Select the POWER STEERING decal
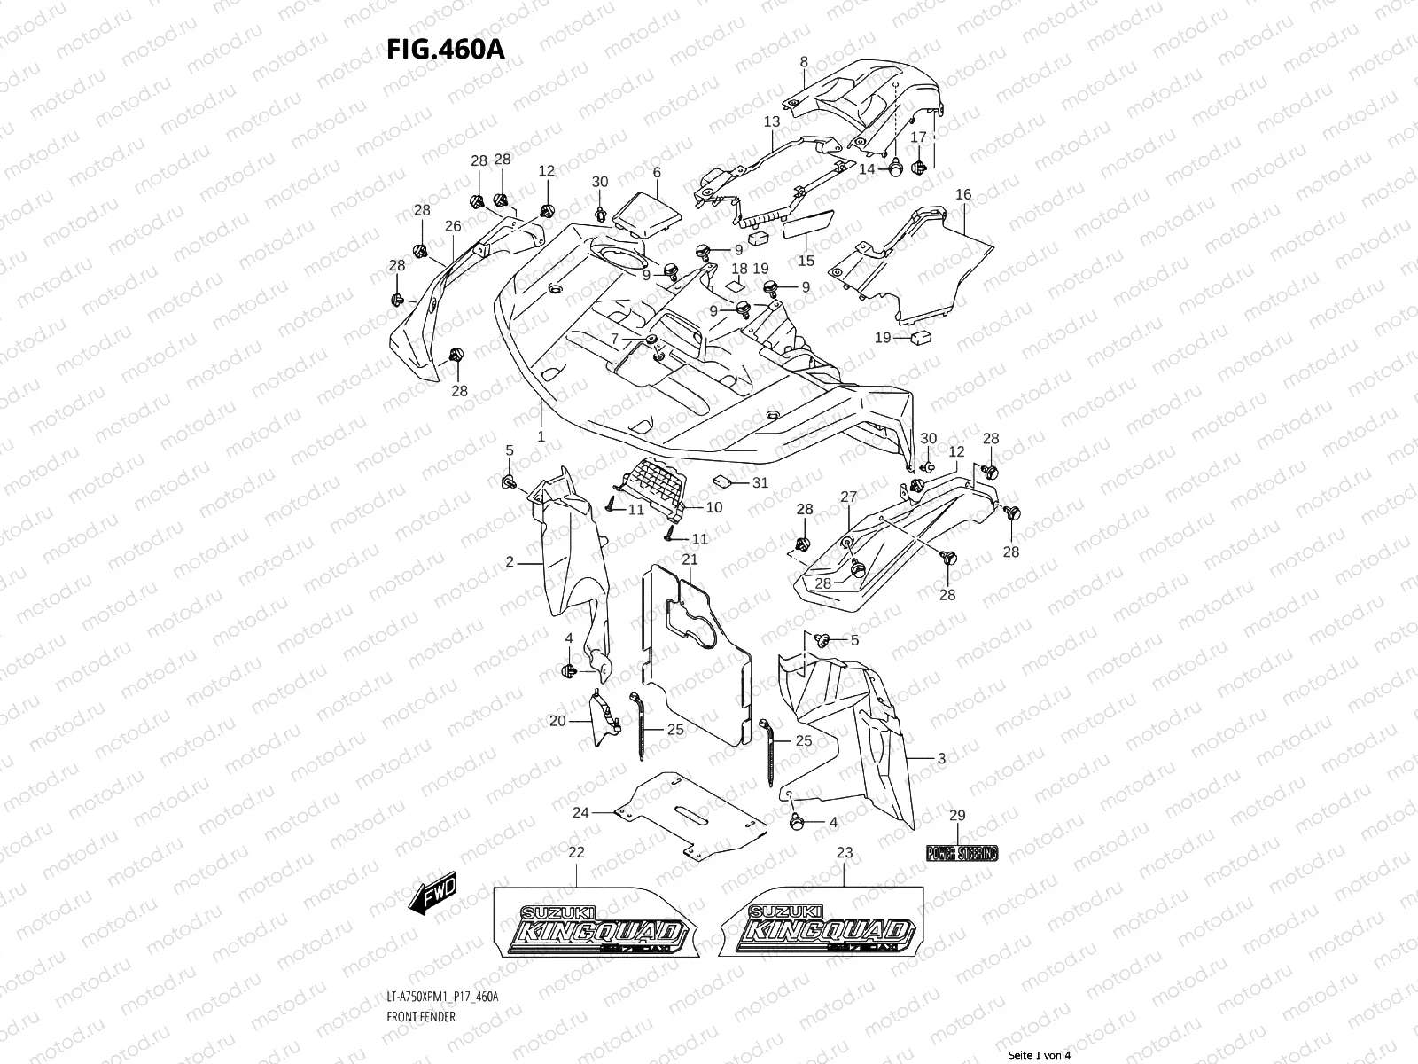962,853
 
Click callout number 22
576,852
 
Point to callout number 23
844,852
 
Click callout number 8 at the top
804,62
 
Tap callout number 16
963,194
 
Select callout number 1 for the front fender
541,437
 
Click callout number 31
760,483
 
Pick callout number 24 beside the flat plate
580,812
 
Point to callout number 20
557,721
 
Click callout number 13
771,121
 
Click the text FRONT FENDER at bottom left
422,1016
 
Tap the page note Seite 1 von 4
1040,1054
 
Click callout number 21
690,559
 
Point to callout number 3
941,758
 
